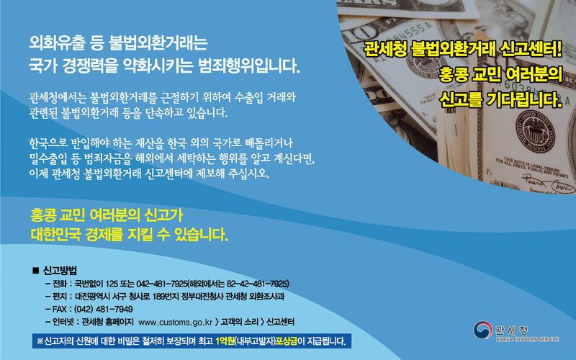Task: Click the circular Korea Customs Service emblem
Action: click(x=482, y=330)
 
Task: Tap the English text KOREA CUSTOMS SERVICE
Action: click(x=527, y=339)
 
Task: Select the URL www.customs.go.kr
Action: click(x=175, y=322)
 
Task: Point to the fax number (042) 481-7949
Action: click(x=103, y=310)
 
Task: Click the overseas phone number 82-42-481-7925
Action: click(x=257, y=284)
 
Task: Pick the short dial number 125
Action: click(x=112, y=284)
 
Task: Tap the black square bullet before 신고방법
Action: click(x=35, y=271)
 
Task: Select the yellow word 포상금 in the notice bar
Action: click(x=286, y=341)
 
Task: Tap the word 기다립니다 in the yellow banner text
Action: click(x=524, y=99)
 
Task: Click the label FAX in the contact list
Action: click(x=60, y=310)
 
